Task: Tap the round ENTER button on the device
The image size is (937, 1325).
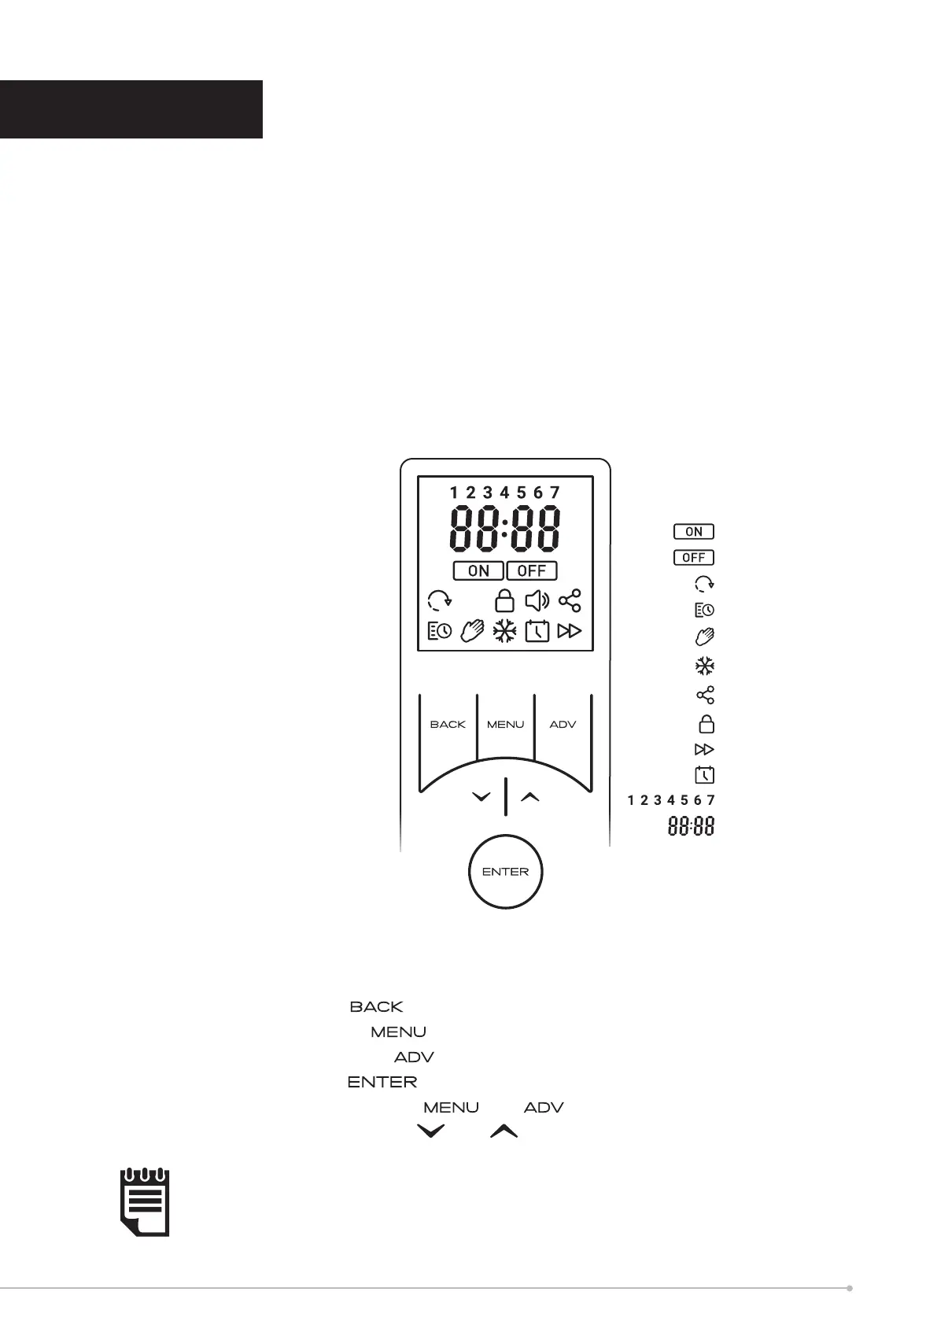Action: click(505, 872)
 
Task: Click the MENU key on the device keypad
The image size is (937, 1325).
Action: click(505, 724)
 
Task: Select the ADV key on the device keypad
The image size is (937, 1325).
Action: click(563, 724)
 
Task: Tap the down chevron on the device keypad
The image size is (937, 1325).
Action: click(481, 797)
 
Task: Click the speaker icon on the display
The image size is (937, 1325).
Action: click(537, 602)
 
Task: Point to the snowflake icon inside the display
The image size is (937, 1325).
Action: click(504, 631)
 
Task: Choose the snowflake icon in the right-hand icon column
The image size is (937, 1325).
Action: click(704, 666)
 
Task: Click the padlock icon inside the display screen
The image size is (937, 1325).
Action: click(504, 601)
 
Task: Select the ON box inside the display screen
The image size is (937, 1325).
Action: click(478, 571)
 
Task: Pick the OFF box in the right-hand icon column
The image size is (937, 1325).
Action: click(693, 558)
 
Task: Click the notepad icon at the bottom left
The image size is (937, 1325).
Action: click(145, 1202)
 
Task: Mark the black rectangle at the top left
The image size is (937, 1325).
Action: click(131, 109)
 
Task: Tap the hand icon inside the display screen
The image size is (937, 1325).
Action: click(472, 631)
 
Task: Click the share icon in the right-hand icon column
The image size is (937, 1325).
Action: click(706, 695)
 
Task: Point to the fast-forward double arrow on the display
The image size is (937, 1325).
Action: click(569, 631)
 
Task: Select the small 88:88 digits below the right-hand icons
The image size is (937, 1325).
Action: click(692, 827)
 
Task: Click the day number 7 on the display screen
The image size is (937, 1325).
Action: click(555, 493)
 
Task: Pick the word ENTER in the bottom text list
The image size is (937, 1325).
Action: click(382, 1083)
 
